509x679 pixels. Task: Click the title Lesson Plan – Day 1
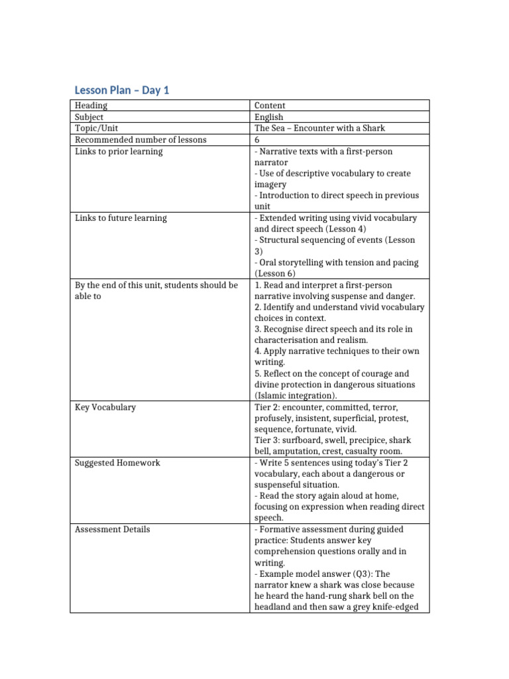tap(121, 90)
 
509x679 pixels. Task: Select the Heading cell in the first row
tap(91, 105)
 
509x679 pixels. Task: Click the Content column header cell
tap(270, 105)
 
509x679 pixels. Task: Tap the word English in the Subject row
tap(268, 117)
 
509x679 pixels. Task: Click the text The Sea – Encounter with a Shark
tap(319, 128)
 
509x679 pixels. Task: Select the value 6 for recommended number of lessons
tap(257, 139)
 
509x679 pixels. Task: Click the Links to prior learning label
tap(119, 151)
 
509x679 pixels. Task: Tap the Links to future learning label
tap(121, 217)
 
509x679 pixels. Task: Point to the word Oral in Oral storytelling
tap(270, 263)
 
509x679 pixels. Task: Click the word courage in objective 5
tap(377, 373)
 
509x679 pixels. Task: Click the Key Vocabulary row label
tap(105, 407)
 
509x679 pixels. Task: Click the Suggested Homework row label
tap(117, 463)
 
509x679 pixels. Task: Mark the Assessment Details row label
tap(112, 529)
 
